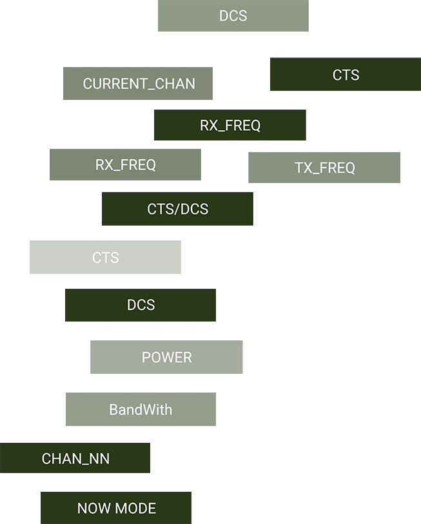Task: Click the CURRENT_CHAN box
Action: [x=138, y=84]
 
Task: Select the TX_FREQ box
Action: [x=324, y=168]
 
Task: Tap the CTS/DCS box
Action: [x=177, y=209]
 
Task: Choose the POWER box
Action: [x=166, y=357]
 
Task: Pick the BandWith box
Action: [x=141, y=409]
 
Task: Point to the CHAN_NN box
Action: [x=75, y=458]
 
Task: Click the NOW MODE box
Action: [x=116, y=508]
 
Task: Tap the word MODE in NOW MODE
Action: [x=135, y=508]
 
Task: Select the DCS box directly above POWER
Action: [x=141, y=305]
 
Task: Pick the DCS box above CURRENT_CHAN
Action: [x=233, y=15]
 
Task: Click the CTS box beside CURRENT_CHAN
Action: [x=346, y=75]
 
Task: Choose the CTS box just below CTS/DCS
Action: [x=105, y=257]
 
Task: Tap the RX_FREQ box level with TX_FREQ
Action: [x=125, y=164]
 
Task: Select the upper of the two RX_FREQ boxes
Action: [x=230, y=125]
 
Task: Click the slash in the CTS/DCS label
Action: [x=177, y=209]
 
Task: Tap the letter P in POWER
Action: [x=146, y=357]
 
